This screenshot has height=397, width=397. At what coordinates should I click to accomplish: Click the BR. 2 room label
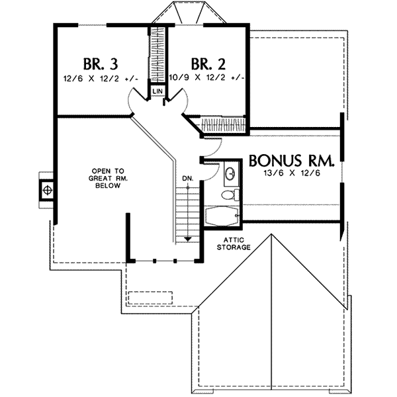[x=208, y=64]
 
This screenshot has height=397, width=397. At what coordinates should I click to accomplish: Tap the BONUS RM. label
[x=291, y=161]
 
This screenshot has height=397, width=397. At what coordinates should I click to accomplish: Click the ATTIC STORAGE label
[x=234, y=243]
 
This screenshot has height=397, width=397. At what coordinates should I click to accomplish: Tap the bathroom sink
[x=230, y=174]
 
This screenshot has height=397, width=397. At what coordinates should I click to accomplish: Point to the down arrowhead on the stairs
[x=187, y=238]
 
